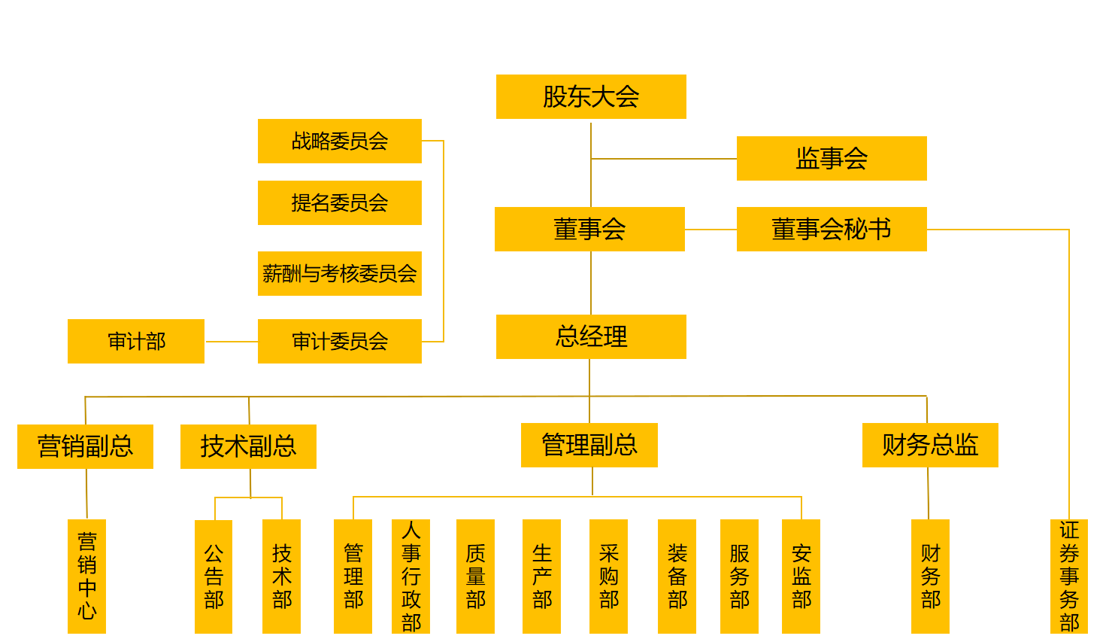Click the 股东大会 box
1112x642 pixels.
coord(591,96)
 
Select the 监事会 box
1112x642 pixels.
coord(832,158)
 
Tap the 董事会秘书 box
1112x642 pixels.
coord(832,229)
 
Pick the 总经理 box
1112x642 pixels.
coord(591,336)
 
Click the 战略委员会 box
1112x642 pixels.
coord(340,141)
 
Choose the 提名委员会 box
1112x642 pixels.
coord(340,202)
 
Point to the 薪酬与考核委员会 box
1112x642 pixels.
coord(340,273)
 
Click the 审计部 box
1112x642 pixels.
coord(136,341)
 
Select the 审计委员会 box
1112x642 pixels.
coord(340,341)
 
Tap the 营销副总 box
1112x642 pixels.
coord(85,446)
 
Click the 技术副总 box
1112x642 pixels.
coord(248,446)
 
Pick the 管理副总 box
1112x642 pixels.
coord(589,445)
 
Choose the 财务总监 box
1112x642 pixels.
coord(930,445)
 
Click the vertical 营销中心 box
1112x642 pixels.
coord(86,576)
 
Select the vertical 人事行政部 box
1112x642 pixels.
coord(411,576)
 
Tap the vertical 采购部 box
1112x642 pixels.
coord(608,576)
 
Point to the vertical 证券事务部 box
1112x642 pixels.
coord(1069,576)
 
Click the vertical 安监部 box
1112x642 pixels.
coord(801,576)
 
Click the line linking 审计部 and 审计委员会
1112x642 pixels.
coord(231,342)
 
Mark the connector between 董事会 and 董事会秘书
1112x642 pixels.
coord(711,230)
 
